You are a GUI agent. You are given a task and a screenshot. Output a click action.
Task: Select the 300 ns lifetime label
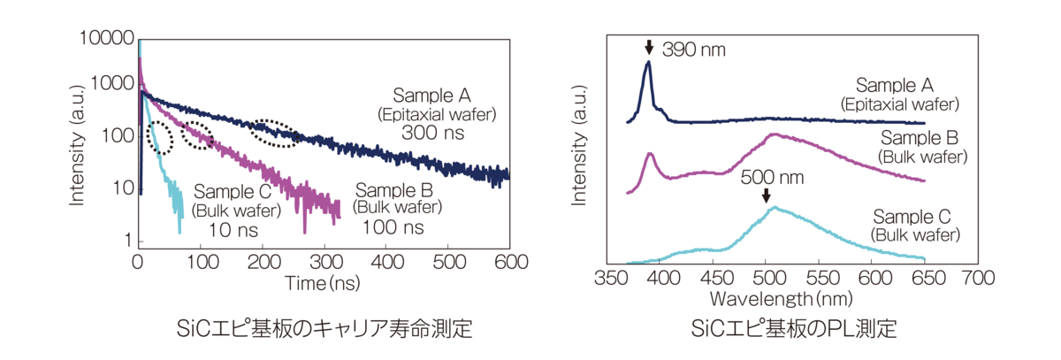click(434, 134)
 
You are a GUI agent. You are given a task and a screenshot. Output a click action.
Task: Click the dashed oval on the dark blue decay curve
click(277, 133)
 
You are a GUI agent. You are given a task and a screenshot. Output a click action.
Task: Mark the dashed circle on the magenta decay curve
click(198, 134)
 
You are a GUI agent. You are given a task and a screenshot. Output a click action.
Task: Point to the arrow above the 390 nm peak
click(649, 48)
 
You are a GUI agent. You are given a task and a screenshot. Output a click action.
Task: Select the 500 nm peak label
click(778, 176)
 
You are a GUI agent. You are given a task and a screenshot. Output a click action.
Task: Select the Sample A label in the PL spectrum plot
click(895, 86)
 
